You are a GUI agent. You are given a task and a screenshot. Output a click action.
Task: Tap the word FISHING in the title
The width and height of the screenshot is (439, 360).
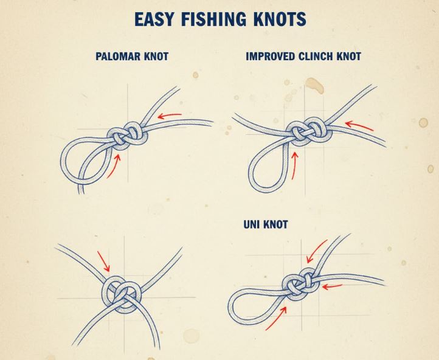214,19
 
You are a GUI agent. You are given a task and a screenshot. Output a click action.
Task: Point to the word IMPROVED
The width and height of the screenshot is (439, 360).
270,57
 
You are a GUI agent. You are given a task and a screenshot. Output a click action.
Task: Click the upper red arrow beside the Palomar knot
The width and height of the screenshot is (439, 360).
170,116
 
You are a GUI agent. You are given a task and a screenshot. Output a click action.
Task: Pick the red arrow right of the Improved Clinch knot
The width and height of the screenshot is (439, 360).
359,125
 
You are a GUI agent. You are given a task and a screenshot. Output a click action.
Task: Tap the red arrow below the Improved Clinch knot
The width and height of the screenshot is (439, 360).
294,165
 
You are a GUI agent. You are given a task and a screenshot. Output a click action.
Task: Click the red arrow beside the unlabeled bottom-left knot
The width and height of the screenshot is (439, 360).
103,261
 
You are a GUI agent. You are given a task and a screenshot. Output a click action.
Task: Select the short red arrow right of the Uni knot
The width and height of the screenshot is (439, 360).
332,286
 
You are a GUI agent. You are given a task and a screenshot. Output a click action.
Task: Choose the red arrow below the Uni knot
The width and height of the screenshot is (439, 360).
276,318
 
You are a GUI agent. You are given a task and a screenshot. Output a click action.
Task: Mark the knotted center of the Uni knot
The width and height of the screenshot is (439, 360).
301,285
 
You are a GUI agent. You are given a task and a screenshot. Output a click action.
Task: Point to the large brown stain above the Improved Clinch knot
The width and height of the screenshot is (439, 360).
315,85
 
